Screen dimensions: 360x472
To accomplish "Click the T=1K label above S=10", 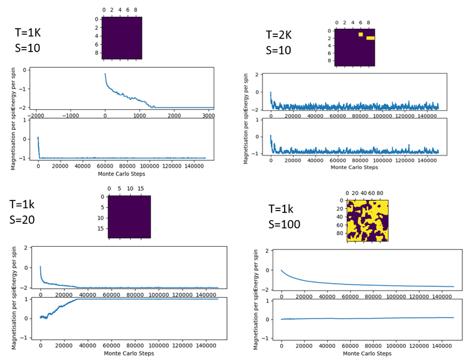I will click(27, 33).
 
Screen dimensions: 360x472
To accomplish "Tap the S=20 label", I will click(22, 220).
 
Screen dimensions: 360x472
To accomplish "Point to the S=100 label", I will click(285, 224).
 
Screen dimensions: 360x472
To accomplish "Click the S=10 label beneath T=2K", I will click(278, 51).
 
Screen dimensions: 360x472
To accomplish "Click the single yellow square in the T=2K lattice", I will click(361, 34).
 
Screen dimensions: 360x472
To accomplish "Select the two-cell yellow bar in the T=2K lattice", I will click(371, 38).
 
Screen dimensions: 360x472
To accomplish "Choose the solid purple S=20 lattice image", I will click(129, 217).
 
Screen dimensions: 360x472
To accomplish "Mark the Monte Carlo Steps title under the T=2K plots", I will click(354, 167).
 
